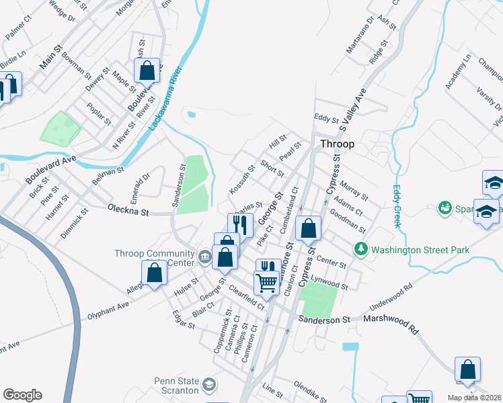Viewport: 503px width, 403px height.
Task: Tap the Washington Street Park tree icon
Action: point(361,249)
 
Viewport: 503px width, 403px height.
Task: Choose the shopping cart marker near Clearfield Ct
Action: point(267,283)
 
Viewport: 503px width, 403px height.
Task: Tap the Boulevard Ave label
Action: point(51,171)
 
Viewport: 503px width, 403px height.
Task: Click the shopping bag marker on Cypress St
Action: point(308,229)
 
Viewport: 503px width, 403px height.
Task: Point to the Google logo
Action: point(22,395)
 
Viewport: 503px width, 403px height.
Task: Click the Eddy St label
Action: point(326,119)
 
